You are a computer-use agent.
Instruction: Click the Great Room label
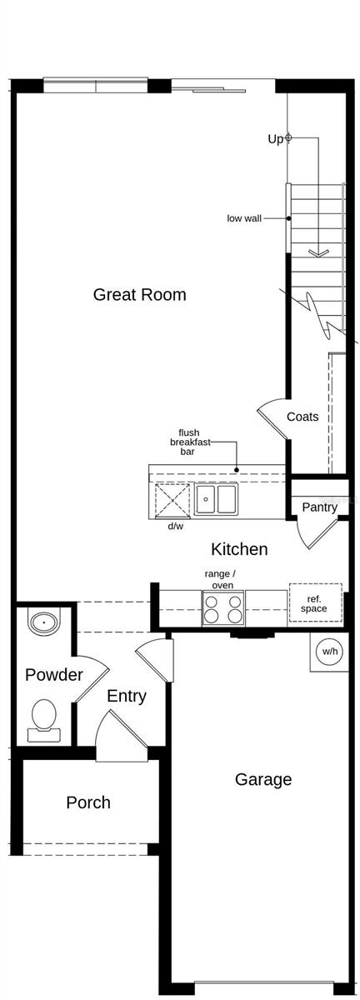139,294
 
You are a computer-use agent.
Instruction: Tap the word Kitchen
239,549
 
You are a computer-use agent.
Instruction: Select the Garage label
263,779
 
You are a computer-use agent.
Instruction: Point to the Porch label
88,802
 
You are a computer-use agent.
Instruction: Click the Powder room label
53,675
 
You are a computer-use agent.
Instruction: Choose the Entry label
127,696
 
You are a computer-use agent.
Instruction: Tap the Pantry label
319,507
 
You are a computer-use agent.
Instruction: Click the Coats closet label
302,417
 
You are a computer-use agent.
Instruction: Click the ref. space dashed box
315,603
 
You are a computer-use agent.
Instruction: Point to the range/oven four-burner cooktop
223,607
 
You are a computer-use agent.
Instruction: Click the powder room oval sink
43,622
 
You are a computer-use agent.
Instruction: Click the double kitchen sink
216,499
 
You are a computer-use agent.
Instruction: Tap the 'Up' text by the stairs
275,139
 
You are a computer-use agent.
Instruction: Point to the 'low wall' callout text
244,218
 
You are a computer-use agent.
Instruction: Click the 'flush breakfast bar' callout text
189,442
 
